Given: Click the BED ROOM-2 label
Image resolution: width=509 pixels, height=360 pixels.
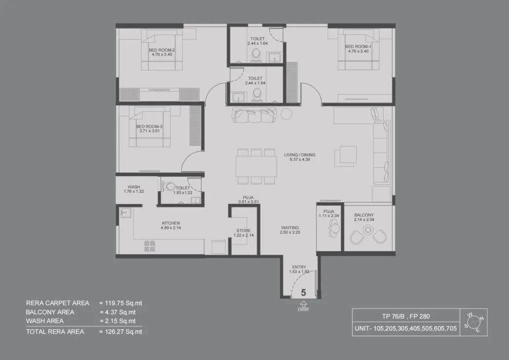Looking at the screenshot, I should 162,50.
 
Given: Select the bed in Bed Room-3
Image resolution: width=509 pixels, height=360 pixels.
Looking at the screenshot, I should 150,128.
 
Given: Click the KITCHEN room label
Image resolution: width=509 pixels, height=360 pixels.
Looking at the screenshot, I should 171,223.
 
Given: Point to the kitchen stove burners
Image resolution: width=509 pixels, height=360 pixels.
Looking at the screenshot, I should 149,246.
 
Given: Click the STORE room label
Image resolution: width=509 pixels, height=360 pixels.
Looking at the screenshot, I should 244,231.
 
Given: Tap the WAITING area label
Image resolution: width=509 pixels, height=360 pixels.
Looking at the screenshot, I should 290,228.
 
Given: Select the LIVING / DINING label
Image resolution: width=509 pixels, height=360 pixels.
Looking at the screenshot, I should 297,155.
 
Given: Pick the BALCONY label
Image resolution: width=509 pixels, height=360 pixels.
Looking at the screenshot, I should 364,215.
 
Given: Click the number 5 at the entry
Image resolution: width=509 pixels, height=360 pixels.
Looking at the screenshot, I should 303,293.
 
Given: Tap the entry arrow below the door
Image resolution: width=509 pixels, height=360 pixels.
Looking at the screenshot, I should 303,303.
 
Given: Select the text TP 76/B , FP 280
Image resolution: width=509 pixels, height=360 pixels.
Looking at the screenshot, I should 392,316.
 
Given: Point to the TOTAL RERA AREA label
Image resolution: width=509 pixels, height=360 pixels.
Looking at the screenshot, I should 55,332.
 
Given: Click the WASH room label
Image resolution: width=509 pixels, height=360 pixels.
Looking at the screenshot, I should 134,187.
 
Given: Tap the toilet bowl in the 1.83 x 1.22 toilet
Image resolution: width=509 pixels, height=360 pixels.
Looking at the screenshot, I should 168,186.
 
